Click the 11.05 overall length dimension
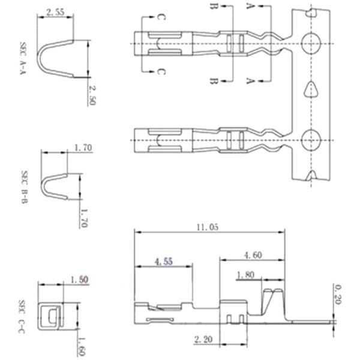click(207, 227)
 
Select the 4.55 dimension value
click(164, 262)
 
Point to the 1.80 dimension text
click(247, 275)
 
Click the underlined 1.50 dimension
click(79, 280)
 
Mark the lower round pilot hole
click(311, 140)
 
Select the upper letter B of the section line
click(213, 8)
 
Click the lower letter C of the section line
click(161, 73)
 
